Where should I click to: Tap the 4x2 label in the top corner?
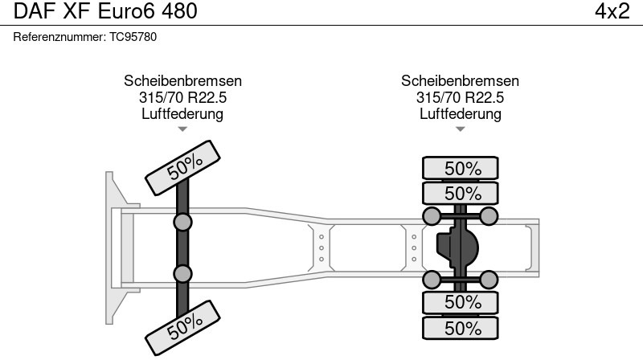pyautogui.click(x=612, y=12)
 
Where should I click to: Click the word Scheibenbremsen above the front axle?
pyautogui.click(x=182, y=81)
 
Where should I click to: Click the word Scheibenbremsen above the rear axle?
pyautogui.click(x=460, y=81)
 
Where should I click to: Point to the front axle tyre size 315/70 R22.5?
pyautogui.click(x=182, y=97)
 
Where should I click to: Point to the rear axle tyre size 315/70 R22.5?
pyautogui.click(x=460, y=97)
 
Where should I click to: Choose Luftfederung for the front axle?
pyautogui.click(x=182, y=113)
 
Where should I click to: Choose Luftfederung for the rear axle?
pyautogui.click(x=460, y=113)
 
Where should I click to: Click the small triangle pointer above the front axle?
pyautogui.click(x=182, y=129)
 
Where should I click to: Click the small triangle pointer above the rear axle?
pyautogui.click(x=460, y=129)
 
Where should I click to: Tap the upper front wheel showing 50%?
pyautogui.click(x=184, y=166)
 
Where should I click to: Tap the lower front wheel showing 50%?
pyautogui.click(x=184, y=325)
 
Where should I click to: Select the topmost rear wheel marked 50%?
pyautogui.click(x=462, y=169)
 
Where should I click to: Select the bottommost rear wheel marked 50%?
pyautogui.click(x=462, y=328)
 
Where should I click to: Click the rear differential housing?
pyautogui.click(x=457, y=247)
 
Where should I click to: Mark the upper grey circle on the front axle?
pyautogui.click(x=183, y=222)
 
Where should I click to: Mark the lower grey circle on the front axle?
pyautogui.click(x=183, y=274)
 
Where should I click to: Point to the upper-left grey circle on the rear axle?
pyautogui.click(x=432, y=215)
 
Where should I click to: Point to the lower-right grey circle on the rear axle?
pyautogui.click(x=489, y=280)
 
